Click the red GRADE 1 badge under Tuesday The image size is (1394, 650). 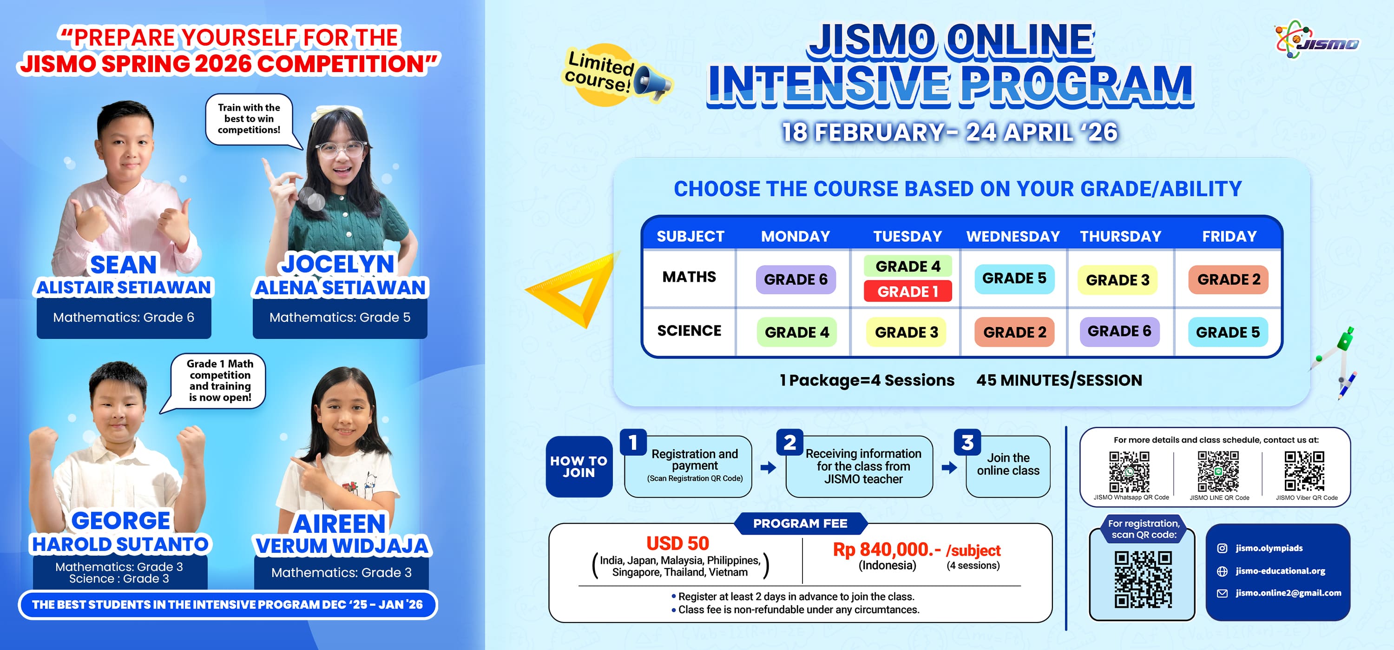[x=907, y=292]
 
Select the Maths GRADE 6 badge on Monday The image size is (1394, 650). [x=796, y=279]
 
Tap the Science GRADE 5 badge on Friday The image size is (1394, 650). [x=1228, y=332]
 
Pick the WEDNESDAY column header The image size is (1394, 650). [x=1013, y=237]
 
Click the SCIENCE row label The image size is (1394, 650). [x=689, y=331]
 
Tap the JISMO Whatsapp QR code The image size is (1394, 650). [x=1130, y=471]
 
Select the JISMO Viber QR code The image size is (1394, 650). [x=1304, y=471]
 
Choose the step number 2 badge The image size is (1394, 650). [x=789, y=443]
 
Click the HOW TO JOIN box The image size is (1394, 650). [x=579, y=466]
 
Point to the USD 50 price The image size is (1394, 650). [x=677, y=543]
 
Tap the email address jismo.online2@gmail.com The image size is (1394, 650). [x=1288, y=593]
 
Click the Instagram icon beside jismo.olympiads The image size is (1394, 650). [x=1222, y=548]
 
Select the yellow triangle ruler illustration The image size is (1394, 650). [x=572, y=290]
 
